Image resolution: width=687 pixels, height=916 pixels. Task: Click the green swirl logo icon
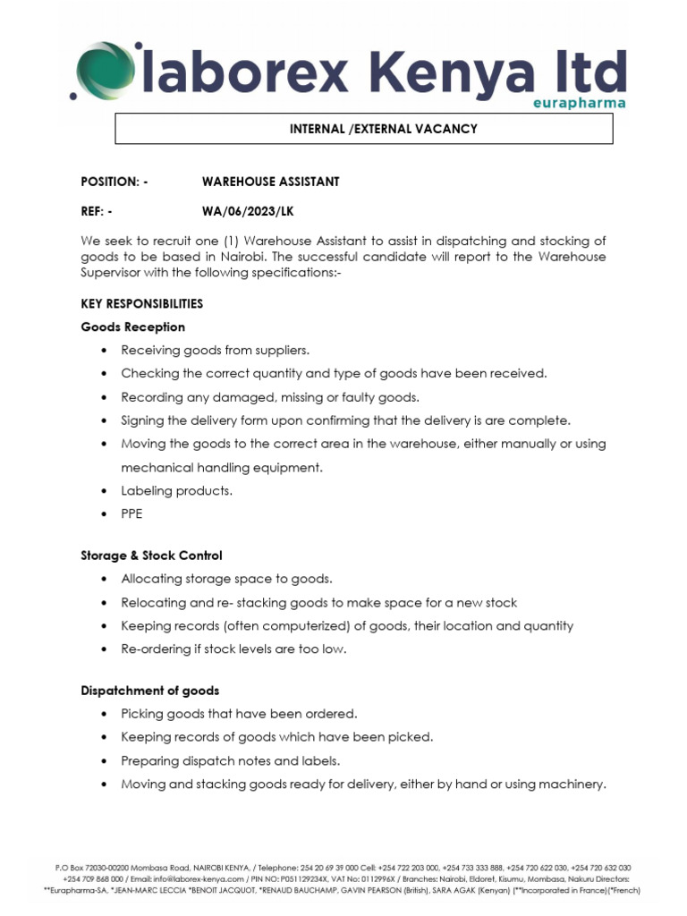pyautogui.click(x=101, y=71)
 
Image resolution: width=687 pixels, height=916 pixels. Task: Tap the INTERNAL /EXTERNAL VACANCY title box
pyautogui.click(x=364, y=129)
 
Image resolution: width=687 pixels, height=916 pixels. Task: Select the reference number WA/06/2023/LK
pyautogui.click(x=247, y=212)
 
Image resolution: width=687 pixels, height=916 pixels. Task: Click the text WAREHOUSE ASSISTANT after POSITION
pyautogui.click(x=270, y=182)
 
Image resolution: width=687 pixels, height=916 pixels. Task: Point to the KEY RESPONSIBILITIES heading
pyautogui.click(x=141, y=303)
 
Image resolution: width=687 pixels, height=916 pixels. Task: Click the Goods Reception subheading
pyautogui.click(x=132, y=327)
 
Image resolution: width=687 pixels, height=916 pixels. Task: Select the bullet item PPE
pyautogui.click(x=131, y=513)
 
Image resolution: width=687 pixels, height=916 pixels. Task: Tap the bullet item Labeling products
pyautogui.click(x=176, y=490)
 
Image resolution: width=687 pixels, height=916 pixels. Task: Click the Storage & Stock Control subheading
pyautogui.click(x=151, y=556)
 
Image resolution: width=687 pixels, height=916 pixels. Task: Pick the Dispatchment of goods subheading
pyautogui.click(x=149, y=691)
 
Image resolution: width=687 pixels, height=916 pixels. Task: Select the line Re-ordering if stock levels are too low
pyautogui.click(x=233, y=649)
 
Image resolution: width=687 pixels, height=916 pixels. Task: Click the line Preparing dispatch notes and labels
pyautogui.click(x=231, y=761)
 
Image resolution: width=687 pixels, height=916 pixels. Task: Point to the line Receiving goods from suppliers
pyautogui.click(x=215, y=350)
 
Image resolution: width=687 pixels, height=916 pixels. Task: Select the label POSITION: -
pyautogui.click(x=114, y=182)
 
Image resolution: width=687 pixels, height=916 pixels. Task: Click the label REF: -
pyautogui.click(x=97, y=212)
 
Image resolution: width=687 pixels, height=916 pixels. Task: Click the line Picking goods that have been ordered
pyautogui.click(x=239, y=714)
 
